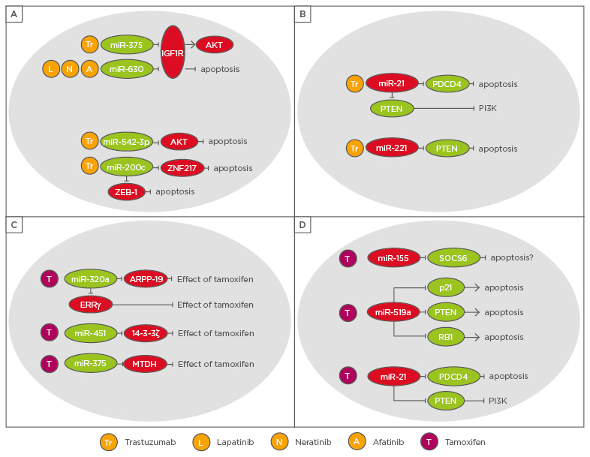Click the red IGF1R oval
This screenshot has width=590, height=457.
tap(173, 52)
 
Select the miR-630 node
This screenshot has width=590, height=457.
tap(127, 69)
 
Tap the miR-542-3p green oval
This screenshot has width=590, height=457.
tap(127, 141)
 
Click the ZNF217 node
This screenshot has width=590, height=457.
tap(182, 167)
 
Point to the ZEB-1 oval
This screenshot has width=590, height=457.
tap(126, 191)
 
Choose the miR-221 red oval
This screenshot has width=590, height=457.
tap(392, 148)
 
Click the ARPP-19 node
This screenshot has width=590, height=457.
tap(146, 279)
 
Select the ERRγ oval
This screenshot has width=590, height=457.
tap(90, 304)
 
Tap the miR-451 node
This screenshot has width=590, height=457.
tap(90, 332)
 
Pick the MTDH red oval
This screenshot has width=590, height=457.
tap(146, 363)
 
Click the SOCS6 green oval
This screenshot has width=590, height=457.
tap(453, 257)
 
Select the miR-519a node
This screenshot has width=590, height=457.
tap(393, 311)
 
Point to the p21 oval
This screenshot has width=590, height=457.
tap(446, 287)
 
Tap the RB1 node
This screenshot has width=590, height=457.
tap(446, 336)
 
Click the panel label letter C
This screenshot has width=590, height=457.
tap(14, 224)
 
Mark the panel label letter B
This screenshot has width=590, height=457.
tap(303, 14)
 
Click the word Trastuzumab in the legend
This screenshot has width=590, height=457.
tap(151, 442)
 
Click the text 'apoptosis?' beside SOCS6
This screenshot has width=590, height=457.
tap(512, 257)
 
